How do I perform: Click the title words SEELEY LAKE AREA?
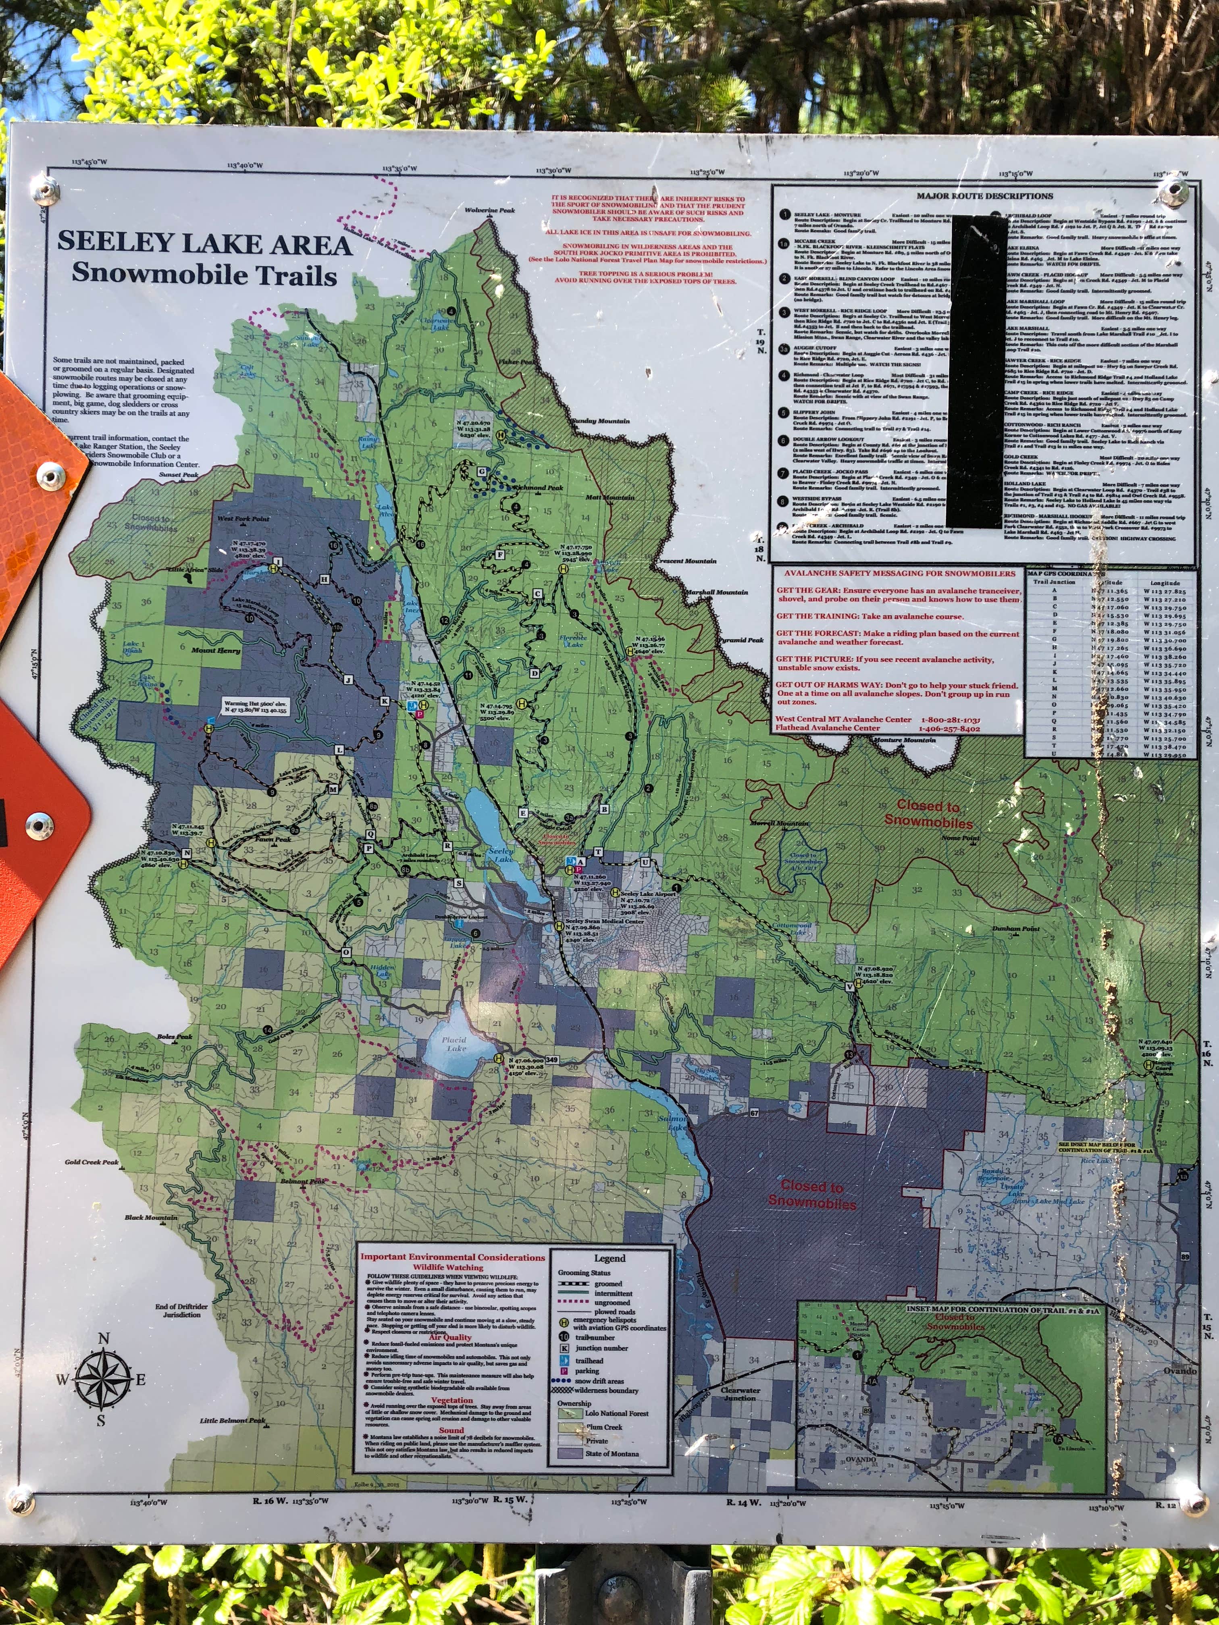[x=204, y=243]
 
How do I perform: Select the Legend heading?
[x=609, y=1258]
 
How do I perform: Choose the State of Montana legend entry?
[x=612, y=1453]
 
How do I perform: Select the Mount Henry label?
[x=215, y=650]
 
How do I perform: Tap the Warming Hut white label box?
[x=255, y=707]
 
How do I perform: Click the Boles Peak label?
[x=174, y=1037]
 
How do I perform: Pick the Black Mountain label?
[x=151, y=1217]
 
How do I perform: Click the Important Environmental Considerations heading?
[x=452, y=1257]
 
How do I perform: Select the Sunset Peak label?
[x=179, y=475]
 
